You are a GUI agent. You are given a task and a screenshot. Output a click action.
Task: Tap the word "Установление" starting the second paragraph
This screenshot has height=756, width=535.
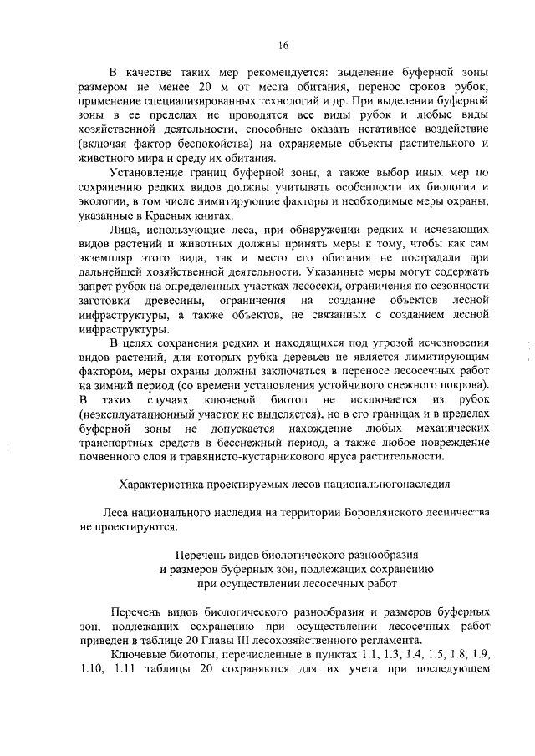147,172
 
